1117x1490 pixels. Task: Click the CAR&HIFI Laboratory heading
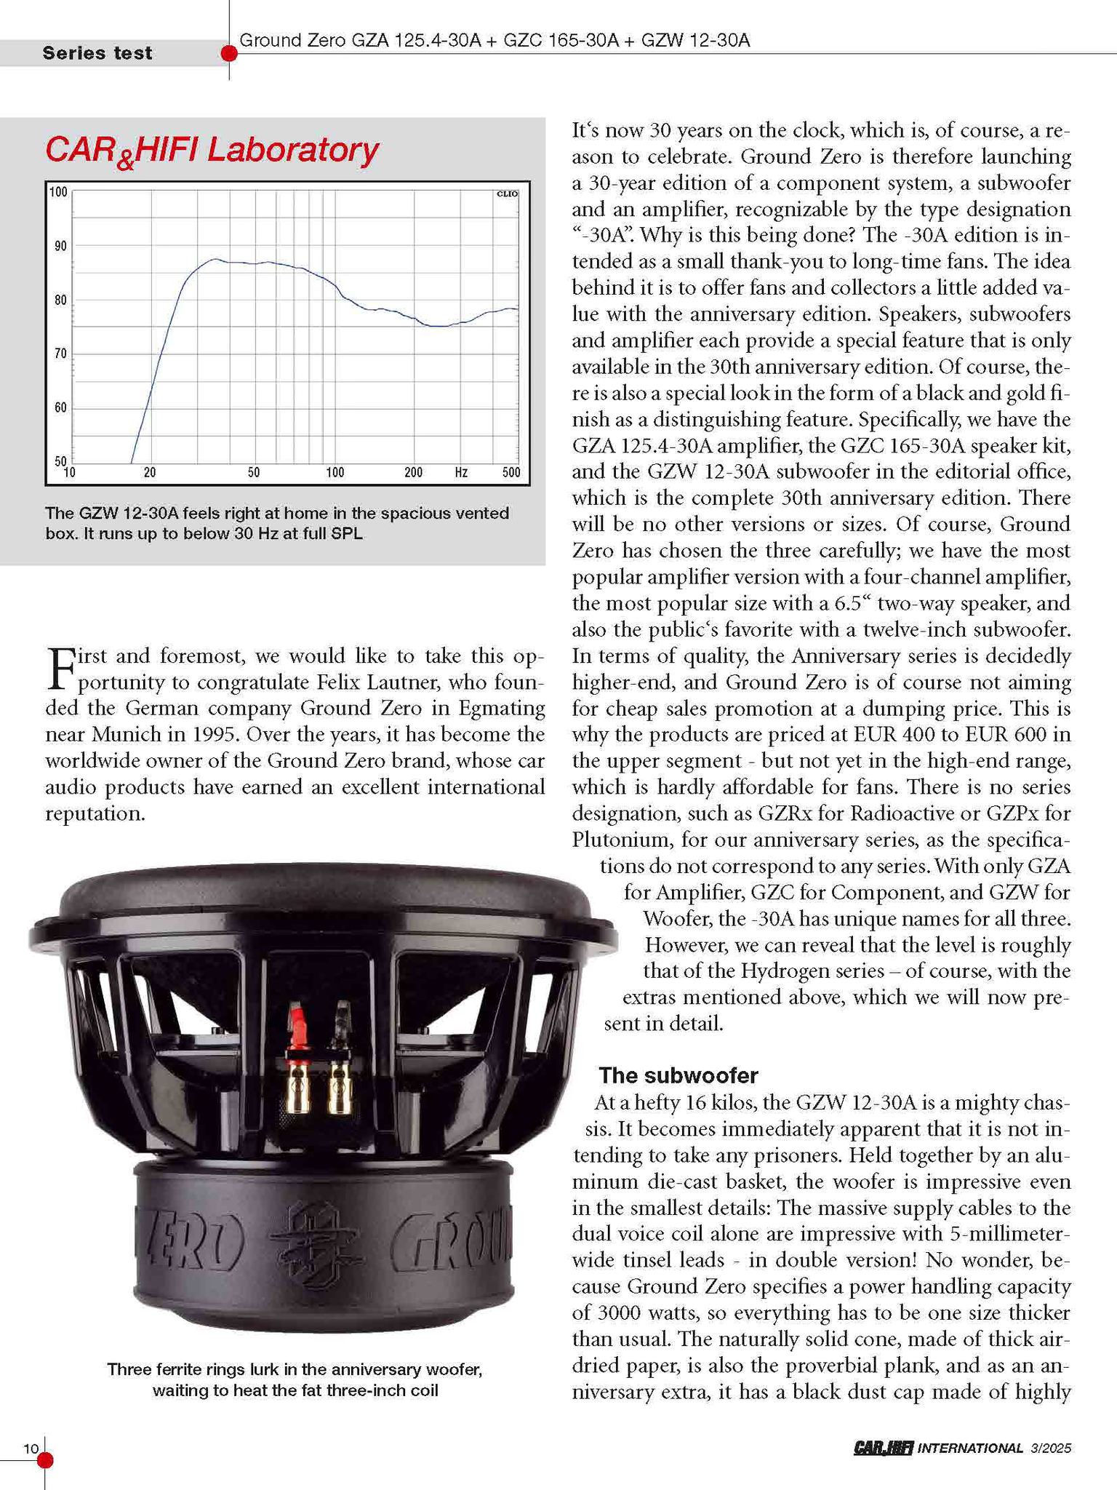[212, 151]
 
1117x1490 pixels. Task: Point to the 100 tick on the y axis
[58, 193]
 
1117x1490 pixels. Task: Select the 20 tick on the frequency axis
[149, 473]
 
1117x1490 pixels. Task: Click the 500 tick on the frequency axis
[511, 473]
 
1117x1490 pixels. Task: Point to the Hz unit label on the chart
[461, 473]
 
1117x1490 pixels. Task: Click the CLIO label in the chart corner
[506, 194]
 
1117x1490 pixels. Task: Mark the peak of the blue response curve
[215, 259]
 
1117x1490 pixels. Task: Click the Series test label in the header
[97, 53]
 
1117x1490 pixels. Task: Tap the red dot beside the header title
[229, 53]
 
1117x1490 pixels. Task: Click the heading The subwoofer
[678, 1075]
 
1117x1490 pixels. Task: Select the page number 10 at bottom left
[31, 1449]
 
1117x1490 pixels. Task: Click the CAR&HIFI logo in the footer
[883, 1449]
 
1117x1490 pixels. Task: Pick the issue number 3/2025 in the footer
[1051, 1449]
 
